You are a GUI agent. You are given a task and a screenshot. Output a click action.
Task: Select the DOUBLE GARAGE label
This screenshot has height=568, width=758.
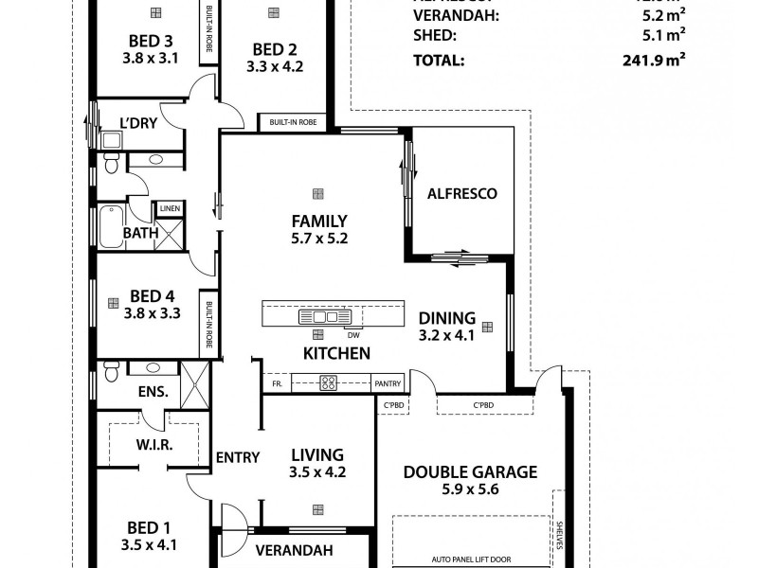click(470, 471)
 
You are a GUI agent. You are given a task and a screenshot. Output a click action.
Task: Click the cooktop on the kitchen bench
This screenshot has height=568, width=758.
click(329, 383)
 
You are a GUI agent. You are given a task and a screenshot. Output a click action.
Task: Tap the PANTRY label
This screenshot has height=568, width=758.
click(388, 383)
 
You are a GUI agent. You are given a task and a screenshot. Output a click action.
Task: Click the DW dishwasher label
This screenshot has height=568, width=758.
click(352, 335)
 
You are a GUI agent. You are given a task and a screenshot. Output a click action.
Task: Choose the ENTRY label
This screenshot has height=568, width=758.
click(237, 457)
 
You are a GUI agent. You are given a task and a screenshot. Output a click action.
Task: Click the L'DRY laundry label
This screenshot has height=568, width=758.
click(137, 121)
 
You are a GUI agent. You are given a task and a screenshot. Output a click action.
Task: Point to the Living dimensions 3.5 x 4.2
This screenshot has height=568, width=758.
click(316, 471)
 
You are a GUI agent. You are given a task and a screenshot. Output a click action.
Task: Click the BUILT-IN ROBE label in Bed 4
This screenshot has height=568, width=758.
click(208, 325)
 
